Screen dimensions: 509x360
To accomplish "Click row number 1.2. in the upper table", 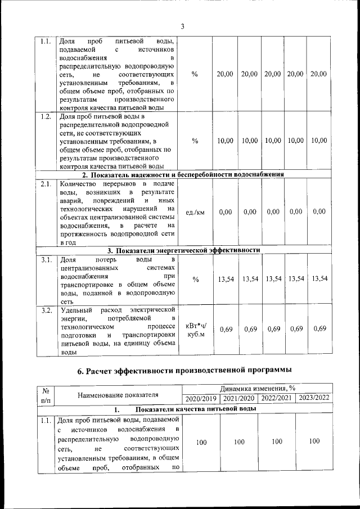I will pyautogui.click(x=47, y=116).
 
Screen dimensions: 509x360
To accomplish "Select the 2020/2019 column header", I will pyautogui.click(x=201, y=399).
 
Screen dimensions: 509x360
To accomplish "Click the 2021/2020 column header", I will pyautogui.click(x=238, y=399).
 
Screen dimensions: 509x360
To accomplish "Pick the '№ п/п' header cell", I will pyautogui.click(x=46, y=394).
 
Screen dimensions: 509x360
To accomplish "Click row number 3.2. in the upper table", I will pyautogui.click(x=47, y=310).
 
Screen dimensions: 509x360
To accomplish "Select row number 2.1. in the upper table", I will pyautogui.click(x=47, y=184).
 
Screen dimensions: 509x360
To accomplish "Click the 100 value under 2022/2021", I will pyautogui.click(x=276, y=442).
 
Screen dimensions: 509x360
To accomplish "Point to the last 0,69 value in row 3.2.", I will pyautogui.click(x=319, y=329).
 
